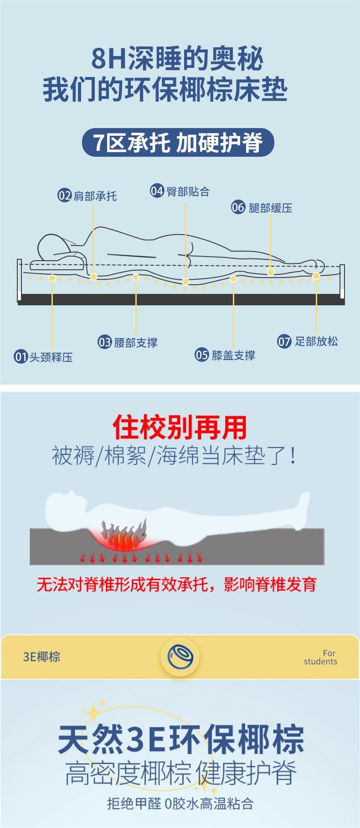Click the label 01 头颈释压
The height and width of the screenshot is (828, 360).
[x=44, y=357]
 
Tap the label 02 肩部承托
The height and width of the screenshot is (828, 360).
[x=87, y=196]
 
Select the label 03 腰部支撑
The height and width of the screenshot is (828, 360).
[x=128, y=342]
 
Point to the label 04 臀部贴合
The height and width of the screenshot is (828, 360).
[x=180, y=191]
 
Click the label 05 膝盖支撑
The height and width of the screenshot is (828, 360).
[x=225, y=355]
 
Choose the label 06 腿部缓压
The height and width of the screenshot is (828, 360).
[x=262, y=208]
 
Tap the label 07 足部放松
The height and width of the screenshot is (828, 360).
[x=308, y=341]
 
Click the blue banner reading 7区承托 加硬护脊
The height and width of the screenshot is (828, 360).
[x=178, y=143]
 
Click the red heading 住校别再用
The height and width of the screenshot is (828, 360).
[x=180, y=427]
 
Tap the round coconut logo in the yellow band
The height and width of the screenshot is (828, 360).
[x=180, y=657]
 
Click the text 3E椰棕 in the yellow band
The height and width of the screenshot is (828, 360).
[x=41, y=657]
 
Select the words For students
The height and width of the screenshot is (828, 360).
[x=321, y=657]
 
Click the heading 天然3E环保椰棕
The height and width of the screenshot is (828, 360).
[x=180, y=740]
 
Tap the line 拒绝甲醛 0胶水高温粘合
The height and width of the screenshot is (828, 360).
[x=180, y=803]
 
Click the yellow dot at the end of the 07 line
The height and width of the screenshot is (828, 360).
[x=316, y=276]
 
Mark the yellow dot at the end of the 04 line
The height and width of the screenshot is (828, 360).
[x=185, y=282]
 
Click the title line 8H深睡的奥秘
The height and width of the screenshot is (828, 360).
[x=178, y=59]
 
